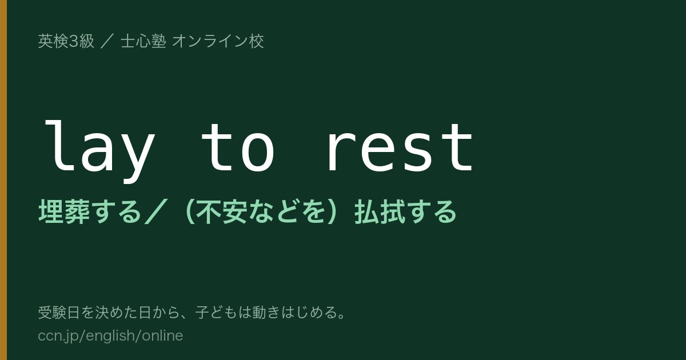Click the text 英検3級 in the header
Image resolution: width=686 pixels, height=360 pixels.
pyautogui.click(x=66, y=41)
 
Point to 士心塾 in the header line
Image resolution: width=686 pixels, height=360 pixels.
pyautogui.click(x=143, y=41)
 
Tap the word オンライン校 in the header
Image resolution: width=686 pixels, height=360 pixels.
pyautogui.click(x=218, y=41)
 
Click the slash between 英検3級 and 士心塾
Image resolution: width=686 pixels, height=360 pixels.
pyautogui.click(x=107, y=41)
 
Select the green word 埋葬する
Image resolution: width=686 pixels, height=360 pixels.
pyautogui.click(x=89, y=211)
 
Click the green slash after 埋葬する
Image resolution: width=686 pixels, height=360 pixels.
pyautogui.click(x=156, y=211)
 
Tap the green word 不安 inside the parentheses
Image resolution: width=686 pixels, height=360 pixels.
pyautogui.click(x=222, y=211)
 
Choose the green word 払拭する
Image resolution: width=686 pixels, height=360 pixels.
pyautogui.click(x=405, y=211)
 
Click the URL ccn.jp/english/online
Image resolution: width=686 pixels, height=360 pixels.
pyautogui.click(x=110, y=336)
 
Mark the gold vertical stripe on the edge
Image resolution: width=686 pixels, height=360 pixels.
pyautogui.click(x=3, y=180)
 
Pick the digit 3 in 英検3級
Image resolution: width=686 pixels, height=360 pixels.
pyautogui.click(x=73, y=41)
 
